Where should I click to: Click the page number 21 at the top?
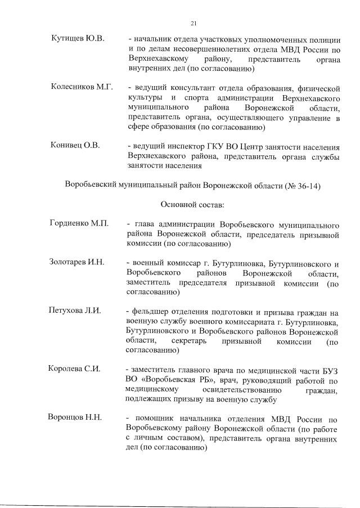click(193, 23)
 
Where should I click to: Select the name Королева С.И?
click(76, 369)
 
